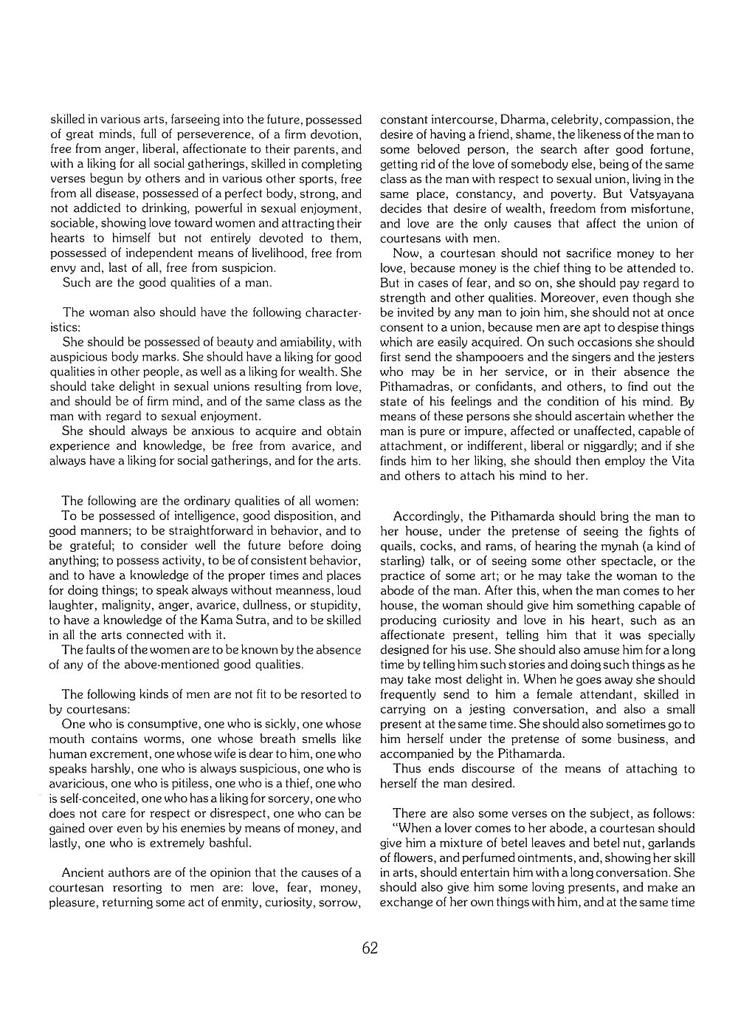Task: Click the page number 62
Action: point(370,948)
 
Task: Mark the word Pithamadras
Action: point(417,386)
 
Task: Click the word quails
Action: point(398,547)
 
